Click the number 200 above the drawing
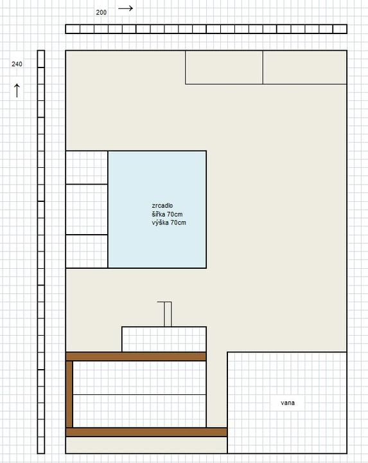tap(101, 12)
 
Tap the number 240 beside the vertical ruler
tap(17, 64)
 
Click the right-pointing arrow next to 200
tap(126, 8)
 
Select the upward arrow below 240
tap(17, 91)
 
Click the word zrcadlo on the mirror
tap(162, 206)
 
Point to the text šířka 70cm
tap(167, 214)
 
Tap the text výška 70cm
tap(169, 222)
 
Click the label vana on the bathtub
tap(288, 403)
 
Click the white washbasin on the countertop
tap(164, 340)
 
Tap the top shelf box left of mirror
tap(87, 167)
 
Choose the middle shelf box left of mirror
tap(87, 210)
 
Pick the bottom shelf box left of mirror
tap(87, 251)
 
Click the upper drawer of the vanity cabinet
tap(139, 377)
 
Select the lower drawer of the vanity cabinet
tap(139, 411)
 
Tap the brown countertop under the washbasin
tap(136, 356)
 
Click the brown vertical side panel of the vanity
tap(69, 394)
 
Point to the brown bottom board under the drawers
tap(146, 432)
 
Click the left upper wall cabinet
tap(224, 68)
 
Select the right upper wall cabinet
tap(305, 68)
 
